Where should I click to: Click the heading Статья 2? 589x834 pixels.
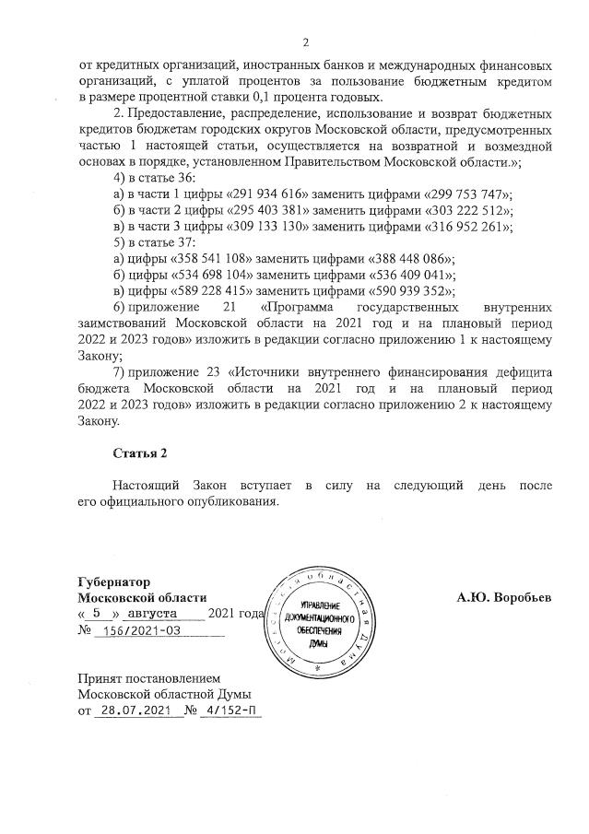click(x=140, y=452)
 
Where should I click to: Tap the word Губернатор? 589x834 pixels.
click(x=114, y=581)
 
